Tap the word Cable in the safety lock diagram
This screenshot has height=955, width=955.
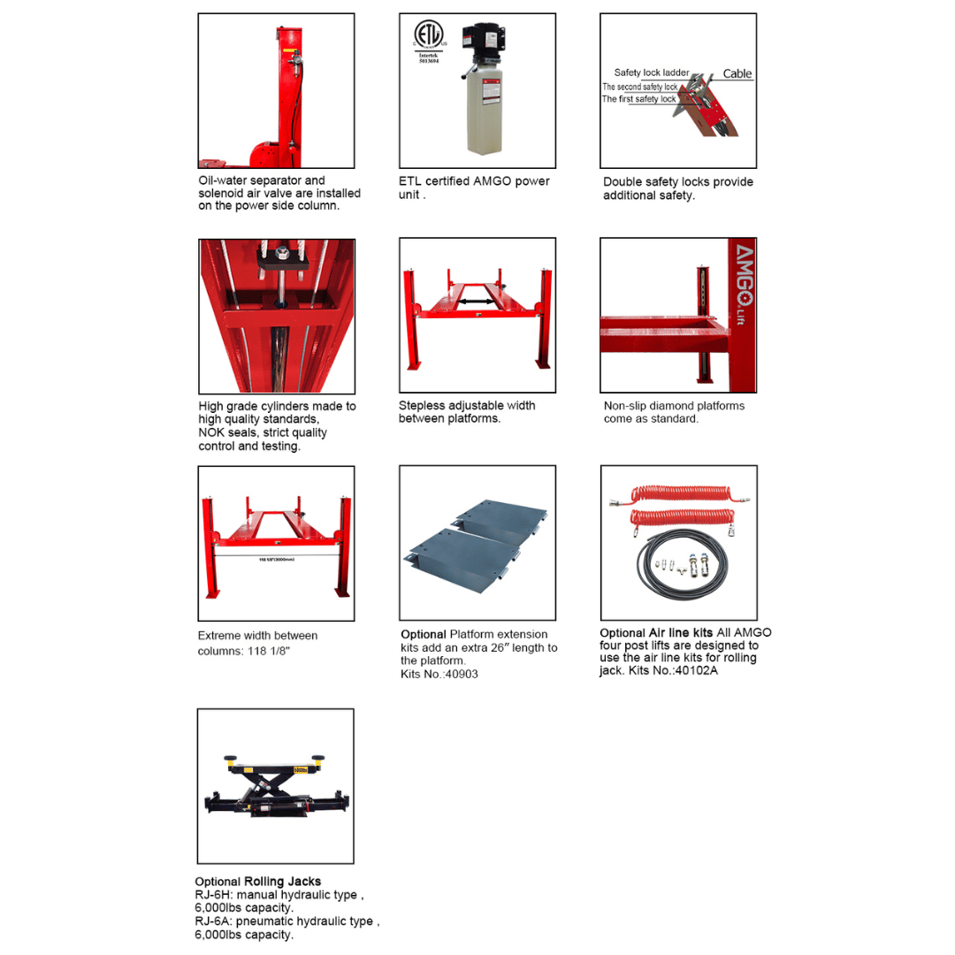[x=737, y=73]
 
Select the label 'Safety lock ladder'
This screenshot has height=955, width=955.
[x=651, y=73]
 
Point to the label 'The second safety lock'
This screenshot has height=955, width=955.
[x=639, y=87]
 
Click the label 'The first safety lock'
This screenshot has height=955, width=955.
[x=638, y=99]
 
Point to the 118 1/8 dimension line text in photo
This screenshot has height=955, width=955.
[x=275, y=560]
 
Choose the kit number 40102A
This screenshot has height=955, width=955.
[x=697, y=670]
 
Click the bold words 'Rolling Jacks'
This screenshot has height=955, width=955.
[x=282, y=882]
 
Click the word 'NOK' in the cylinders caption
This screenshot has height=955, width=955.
[x=213, y=433]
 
